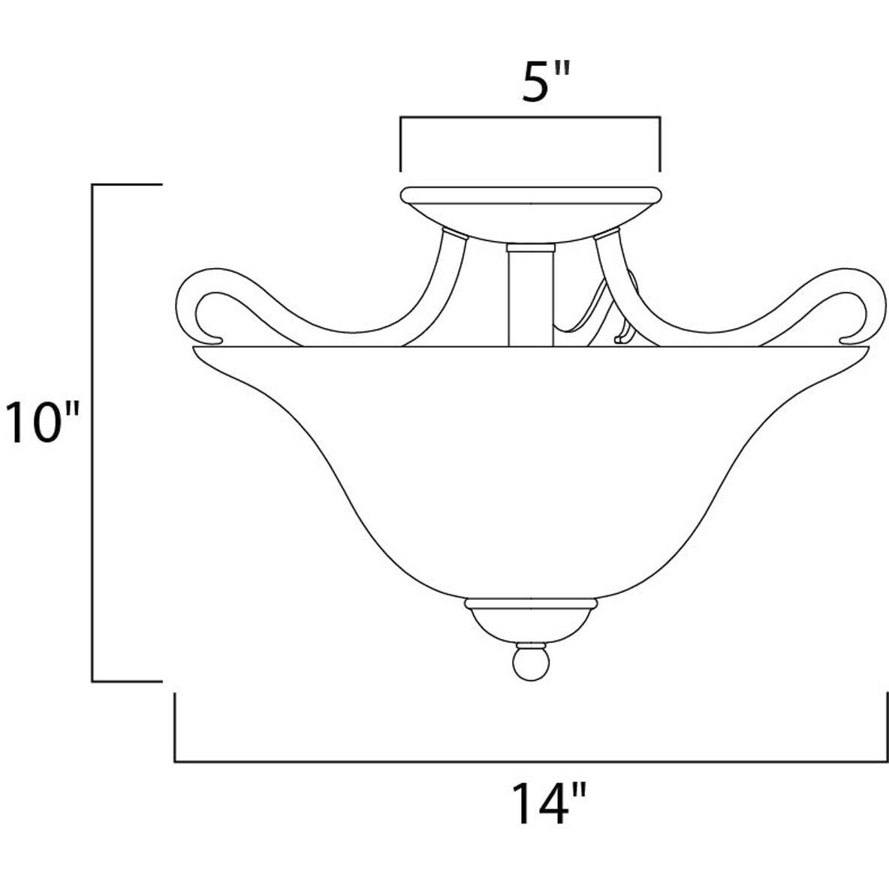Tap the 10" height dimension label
click(x=42, y=422)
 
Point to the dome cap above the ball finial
click(x=532, y=619)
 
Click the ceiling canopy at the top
click(x=532, y=210)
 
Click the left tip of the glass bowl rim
click(x=197, y=349)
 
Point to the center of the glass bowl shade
click(x=532, y=466)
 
